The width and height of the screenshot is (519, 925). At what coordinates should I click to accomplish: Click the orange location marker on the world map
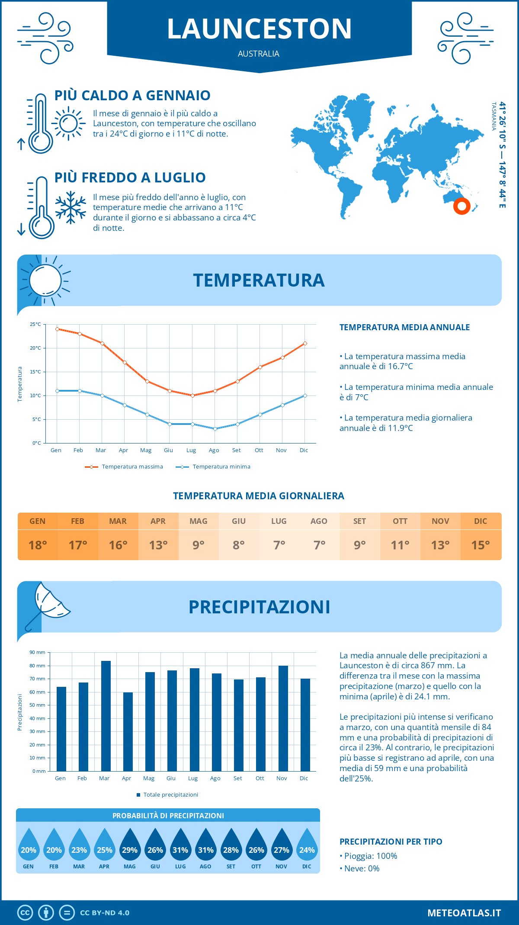coord(462,206)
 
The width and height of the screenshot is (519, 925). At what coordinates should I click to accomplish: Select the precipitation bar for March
coord(106,716)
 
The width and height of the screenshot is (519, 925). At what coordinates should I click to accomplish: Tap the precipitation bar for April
coord(128,731)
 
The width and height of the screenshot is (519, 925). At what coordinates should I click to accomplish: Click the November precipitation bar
coord(283,718)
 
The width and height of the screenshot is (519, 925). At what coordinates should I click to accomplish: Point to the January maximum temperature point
coord(57,329)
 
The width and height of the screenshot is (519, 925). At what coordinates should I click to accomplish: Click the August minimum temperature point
coord(215,429)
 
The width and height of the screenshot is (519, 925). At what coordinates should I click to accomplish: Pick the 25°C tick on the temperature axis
coord(36,324)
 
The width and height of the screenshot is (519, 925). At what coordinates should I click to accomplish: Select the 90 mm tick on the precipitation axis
coord(38,652)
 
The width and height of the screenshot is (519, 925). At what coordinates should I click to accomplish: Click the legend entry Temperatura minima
coord(213,467)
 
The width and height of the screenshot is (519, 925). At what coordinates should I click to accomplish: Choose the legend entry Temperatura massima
coord(124,467)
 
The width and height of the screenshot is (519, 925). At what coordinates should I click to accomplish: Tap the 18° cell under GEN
coord(38,545)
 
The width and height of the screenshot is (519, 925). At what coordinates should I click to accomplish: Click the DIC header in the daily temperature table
coord(481,521)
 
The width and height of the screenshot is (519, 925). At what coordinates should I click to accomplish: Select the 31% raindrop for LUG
coord(180,846)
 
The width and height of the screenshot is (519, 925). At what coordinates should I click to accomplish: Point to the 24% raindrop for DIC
coord(307,846)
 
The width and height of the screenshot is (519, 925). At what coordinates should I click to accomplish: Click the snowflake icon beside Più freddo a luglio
coord(70,208)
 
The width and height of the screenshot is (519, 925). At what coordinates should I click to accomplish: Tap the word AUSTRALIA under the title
coord(259,54)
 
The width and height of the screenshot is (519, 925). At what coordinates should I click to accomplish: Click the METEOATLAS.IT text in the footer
coord(464,912)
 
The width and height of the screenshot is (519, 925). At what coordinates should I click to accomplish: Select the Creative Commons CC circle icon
coord(25,912)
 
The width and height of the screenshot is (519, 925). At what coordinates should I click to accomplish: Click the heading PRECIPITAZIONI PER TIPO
coord(391,842)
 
